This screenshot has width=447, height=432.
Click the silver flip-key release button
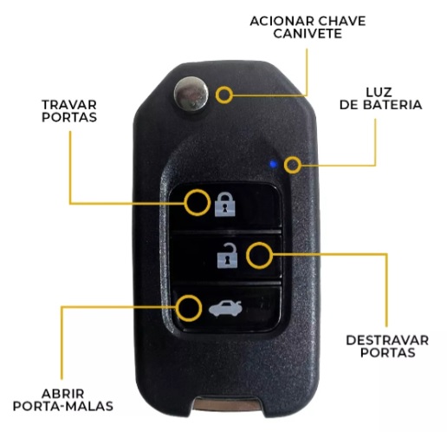click(191, 94)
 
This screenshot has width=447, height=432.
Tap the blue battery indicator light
click(273, 165)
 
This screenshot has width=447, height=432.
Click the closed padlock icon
click(224, 204)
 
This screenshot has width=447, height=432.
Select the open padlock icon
click(228, 256)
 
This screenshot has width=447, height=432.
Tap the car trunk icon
click(225, 309)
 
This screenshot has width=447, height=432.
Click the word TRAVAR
click(69, 105)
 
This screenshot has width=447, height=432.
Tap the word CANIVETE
click(308, 34)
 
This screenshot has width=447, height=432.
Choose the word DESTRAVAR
click(387, 340)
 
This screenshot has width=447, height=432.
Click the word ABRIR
click(63, 394)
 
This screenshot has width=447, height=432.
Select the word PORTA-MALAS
click(63, 406)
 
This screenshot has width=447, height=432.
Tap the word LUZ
click(379, 92)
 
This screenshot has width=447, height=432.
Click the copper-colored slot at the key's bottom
click(227, 403)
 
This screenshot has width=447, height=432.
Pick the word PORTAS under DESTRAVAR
click(388, 352)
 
